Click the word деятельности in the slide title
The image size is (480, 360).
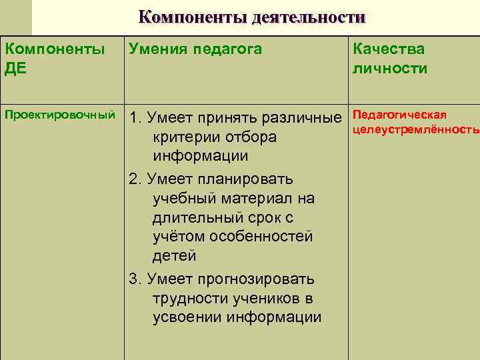coord(309,16)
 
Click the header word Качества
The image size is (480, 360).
coord(389,49)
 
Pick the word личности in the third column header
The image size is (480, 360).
coord(390,69)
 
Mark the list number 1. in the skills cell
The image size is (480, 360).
coord(135,119)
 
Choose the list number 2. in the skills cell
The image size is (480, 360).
coord(135,179)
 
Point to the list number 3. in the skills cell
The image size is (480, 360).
coord(135,279)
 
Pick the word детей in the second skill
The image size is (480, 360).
coord(174,255)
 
